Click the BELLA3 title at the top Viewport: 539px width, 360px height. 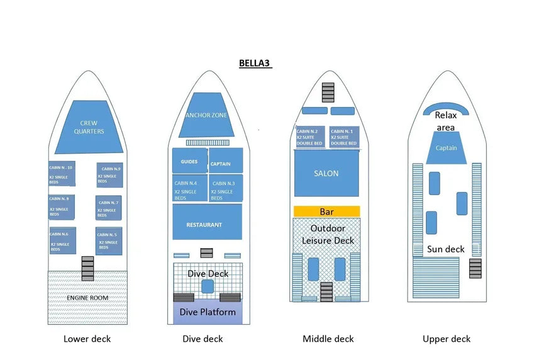pyautogui.click(x=255, y=64)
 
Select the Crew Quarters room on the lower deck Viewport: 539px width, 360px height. pyautogui.click(x=88, y=127)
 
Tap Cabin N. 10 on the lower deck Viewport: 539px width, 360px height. pyautogui.click(x=62, y=174)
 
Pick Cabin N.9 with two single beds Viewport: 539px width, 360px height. pyautogui.click(x=109, y=174)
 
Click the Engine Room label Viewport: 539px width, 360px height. pyautogui.click(x=87, y=298)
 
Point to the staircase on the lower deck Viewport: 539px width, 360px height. pyautogui.click(x=87, y=268)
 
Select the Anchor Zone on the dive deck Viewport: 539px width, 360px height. pyautogui.click(x=206, y=116)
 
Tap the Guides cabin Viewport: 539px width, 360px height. pyautogui.click(x=189, y=162)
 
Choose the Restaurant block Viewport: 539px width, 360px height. pyautogui.click(x=207, y=222)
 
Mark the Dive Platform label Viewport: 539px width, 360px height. pyautogui.click(x=208, y=312)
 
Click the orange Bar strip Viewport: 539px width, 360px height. pyautogui.click(x=326, y=211)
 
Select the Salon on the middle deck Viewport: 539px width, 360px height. pyautogui.click(x=326, y=173)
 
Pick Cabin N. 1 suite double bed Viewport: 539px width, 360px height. pyautogui.click(x=343, y=137)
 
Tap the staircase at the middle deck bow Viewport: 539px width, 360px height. pyautogui.click(x=327, y=93)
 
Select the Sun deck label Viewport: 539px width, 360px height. pyautogui.click(x=446, y=249)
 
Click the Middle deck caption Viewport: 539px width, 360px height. pyautogui.click(x=328, y=339)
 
